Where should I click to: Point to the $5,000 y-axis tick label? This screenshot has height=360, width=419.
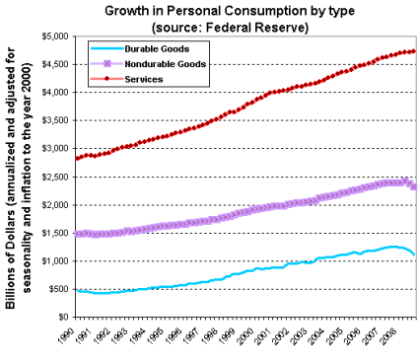[51, 36]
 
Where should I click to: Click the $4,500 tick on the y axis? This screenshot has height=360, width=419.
[51, 64]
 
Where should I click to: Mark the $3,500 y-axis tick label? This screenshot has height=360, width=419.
[51, 120]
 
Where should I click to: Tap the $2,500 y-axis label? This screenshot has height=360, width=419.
[51, 177]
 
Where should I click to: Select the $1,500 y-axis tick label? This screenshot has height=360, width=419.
[51, 233]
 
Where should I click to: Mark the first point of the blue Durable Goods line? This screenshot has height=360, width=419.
[76, 291]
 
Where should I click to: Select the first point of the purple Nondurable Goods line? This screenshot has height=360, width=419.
[76, 234]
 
